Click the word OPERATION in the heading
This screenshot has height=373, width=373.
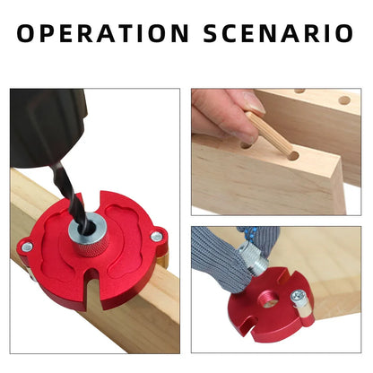[x=103, y=34]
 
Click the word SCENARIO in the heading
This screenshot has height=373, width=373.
[x=279, y=34]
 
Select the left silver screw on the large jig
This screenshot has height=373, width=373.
[x=27, y=247]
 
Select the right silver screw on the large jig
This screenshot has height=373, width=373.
[x=158, y=237]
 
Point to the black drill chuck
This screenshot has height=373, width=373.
[x=45, y=126]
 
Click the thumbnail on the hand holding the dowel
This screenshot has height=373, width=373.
[x=255, y=104]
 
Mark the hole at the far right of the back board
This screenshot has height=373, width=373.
[x=343, y=100]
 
